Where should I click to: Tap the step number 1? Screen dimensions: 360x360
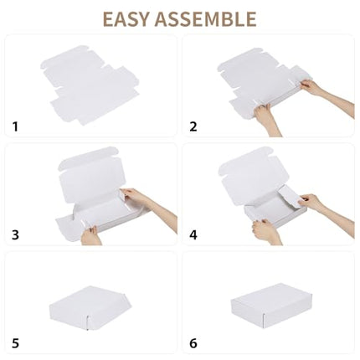14,126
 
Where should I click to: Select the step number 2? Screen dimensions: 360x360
193,126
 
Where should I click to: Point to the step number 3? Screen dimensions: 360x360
15,235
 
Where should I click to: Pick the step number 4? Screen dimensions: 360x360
193,235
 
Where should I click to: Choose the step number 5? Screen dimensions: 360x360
15,344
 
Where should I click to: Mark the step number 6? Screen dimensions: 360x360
193,344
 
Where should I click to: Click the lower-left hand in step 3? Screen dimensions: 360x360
90,235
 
